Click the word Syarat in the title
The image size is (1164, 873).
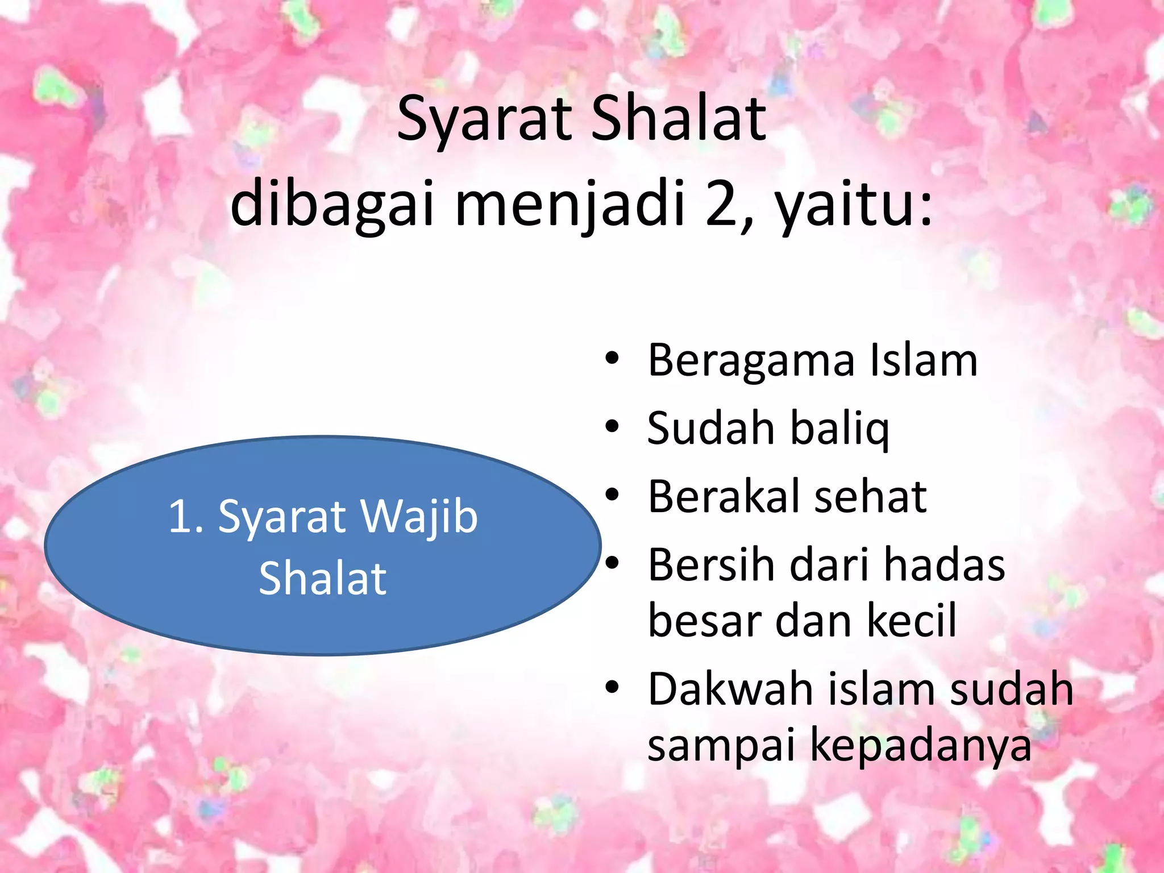coord(484,120)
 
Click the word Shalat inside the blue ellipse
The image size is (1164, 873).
coord(323,579)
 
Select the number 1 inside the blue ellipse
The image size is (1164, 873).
coord(181,517)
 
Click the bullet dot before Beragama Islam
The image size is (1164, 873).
coord(612,359)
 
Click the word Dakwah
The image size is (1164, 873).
coord(730,689)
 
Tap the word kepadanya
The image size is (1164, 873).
coord(920,746)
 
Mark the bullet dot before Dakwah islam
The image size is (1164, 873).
coord(612,688)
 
